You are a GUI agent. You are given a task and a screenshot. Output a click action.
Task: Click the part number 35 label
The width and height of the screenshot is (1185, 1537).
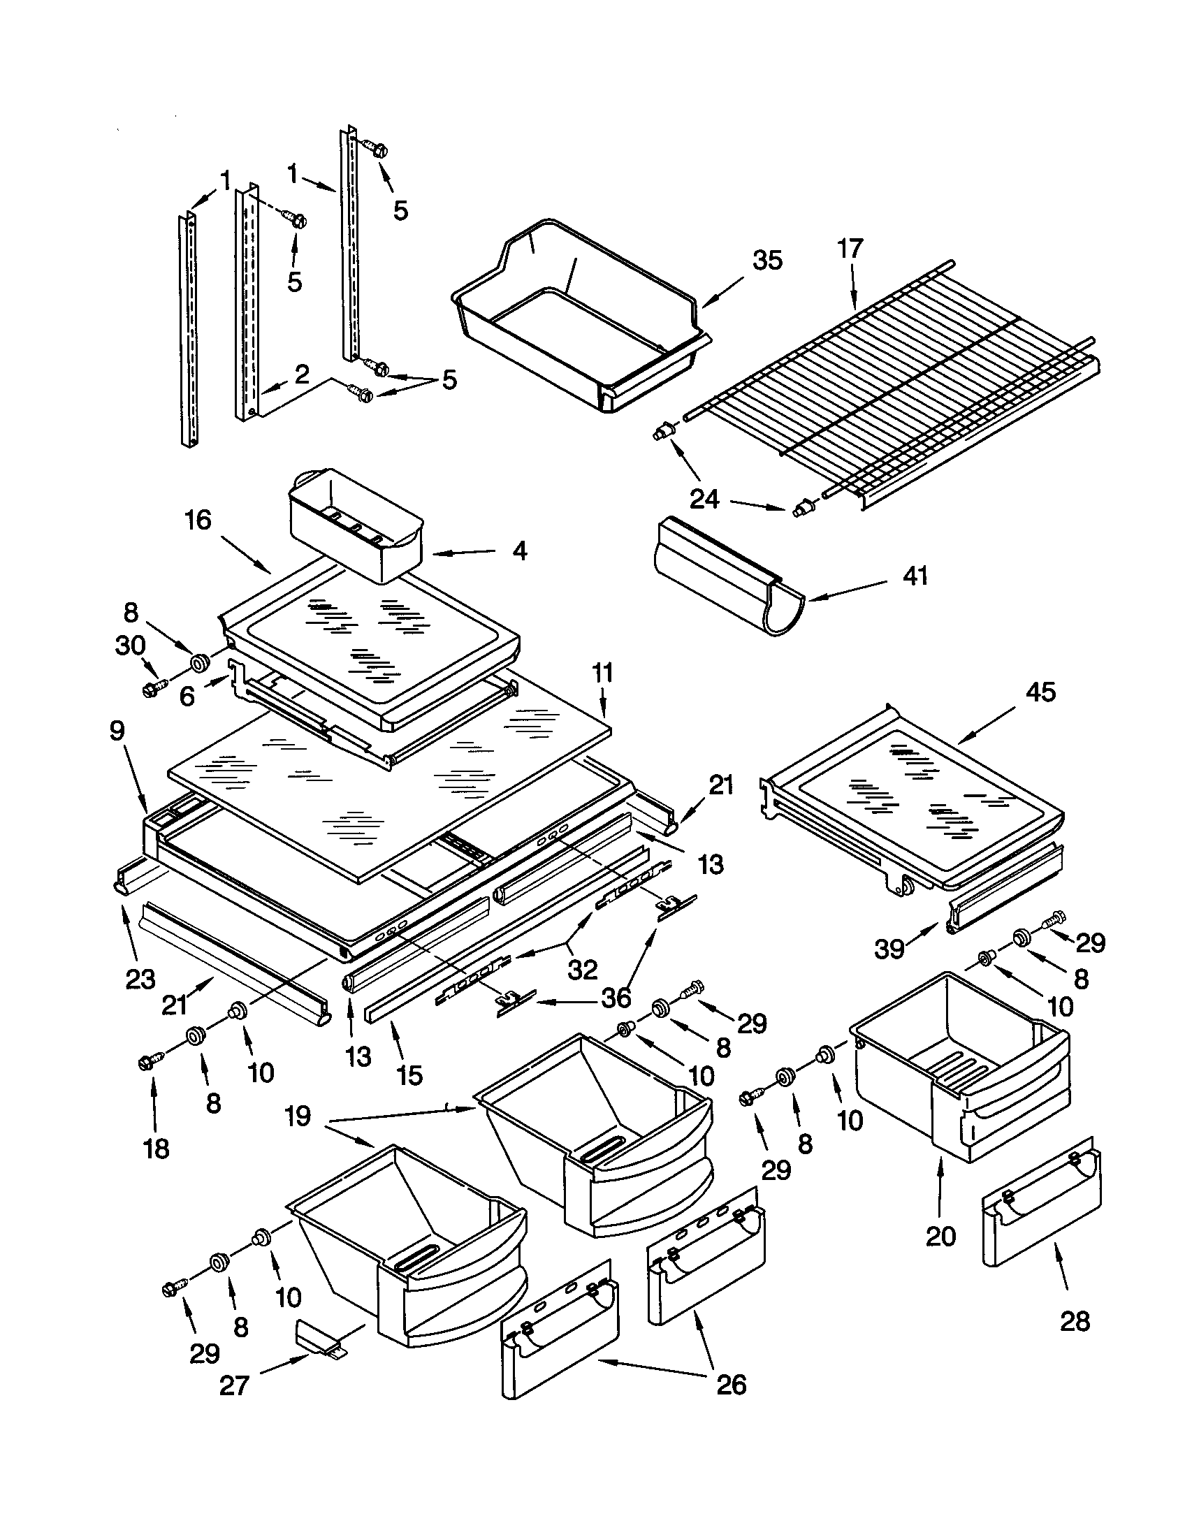pyautogui.click(x=767, y=261)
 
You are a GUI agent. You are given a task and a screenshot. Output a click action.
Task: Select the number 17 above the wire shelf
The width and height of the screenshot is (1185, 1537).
pyautogui.click(x=850, y=249)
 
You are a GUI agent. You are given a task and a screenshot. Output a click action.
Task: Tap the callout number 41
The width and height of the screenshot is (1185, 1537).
pyautogui.click(x=915, y=576)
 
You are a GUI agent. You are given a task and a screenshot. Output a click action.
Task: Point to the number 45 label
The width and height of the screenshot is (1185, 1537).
pyautogui.click(x=1040, y=692)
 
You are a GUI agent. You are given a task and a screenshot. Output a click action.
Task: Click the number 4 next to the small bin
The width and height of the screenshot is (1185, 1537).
pyautogui.click(x=518, y=551)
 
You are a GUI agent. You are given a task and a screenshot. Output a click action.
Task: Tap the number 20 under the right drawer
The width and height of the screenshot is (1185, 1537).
pyautogui.click(x=941, y=1236)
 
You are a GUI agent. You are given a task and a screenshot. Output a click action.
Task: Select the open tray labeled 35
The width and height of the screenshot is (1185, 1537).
pyautogui.click(x=577, y=330)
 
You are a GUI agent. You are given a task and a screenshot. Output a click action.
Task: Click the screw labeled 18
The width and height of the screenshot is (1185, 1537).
pyautogui.click(x=150, y=1063)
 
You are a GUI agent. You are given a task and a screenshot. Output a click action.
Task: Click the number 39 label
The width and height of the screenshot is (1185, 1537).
pyautogui.click(x=889, y=949)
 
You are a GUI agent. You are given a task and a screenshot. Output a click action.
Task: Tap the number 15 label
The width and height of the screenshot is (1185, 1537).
pyautogui.click(x=409, y=1075)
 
